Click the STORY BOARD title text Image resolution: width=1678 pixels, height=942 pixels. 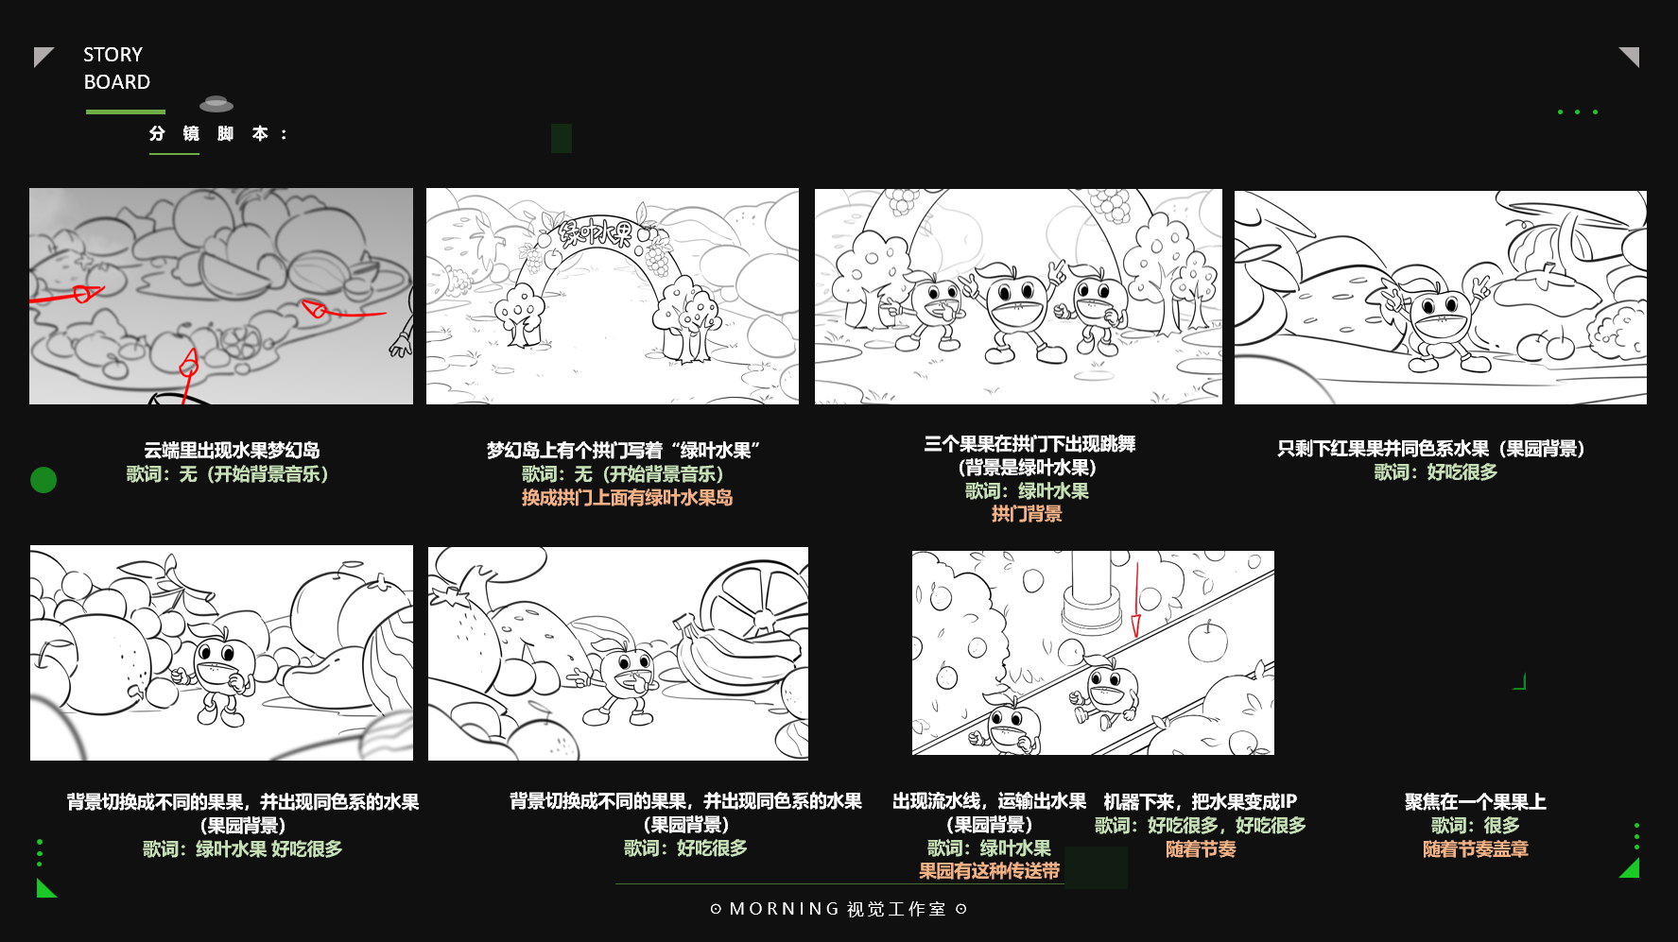pyautogui.click(x=115, y=68)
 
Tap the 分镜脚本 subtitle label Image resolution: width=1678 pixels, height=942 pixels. pyautogui.click(x=217, y=133)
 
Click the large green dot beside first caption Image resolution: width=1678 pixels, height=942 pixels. pyautogui.click(x=43, y=480)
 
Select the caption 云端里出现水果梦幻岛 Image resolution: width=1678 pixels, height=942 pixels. pyautogui.click(x=232, y=450)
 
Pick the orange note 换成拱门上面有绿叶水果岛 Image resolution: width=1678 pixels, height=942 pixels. pyautogui.click(x=627, y=498)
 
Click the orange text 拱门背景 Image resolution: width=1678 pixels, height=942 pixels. pyautogui.click(x=1027, y=514)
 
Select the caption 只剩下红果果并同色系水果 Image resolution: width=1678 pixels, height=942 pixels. pyautogui.click(x=1430, y=449)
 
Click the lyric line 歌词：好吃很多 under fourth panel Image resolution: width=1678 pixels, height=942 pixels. pyautogui.click(x=1435, y=472)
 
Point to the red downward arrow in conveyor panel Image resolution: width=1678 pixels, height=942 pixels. pyautogui.click(x=1136, y=605)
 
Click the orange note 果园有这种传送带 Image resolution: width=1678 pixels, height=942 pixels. pyautogui.click(x=989, y=871)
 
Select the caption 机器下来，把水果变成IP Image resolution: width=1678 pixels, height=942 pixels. pyautogui.click(x=1200, y=802)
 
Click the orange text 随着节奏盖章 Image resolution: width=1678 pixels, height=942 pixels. pyautogui.click(x=1475, y=849)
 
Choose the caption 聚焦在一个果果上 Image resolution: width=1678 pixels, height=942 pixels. pyautogui.click(x=1475, y=802)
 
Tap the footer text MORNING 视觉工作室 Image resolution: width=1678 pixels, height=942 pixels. pyautogui.click(x=838, y=909)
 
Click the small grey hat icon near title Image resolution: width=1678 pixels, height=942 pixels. pyautogui.click(x=216, y=103)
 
